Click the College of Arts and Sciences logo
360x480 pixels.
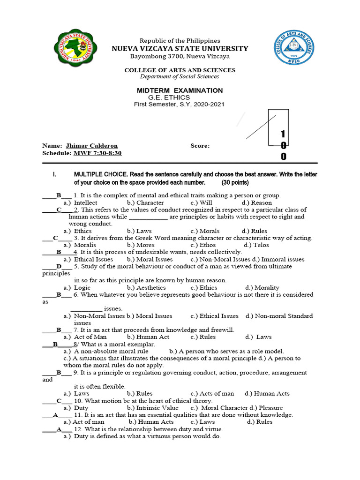point(294,51)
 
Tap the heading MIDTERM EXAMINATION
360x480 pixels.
point(180,90)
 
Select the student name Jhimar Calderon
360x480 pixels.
point(92,146)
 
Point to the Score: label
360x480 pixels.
point(200,146)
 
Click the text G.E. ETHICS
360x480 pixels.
point(169,97)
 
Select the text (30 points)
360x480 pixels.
point(233,182)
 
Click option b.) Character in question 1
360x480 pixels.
point(145,202)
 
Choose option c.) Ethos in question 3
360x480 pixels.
point(203,245)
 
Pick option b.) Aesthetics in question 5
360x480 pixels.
point(146,287)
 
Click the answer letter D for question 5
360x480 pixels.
point(59,266)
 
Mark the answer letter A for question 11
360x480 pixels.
point(55,415)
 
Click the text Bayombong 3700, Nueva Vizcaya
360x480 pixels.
point(180,56)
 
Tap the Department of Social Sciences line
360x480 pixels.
point(180,77)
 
